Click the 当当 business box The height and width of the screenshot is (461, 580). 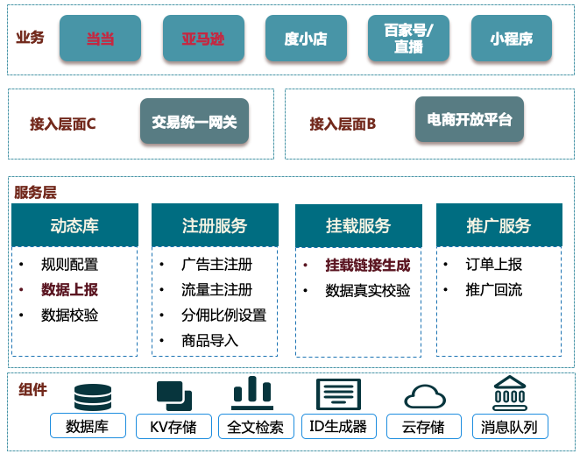[x=100, y=39]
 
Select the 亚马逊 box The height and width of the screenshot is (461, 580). [x=202, y=39]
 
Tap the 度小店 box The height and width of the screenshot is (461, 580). [x=306, y=39]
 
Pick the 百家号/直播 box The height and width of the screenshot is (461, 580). [x=408, y=39]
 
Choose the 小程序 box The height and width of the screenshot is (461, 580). [x=511, y=39]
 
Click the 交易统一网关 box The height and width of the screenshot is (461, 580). [x=194, y=121]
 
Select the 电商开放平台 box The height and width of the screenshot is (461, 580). [x=470, y=120]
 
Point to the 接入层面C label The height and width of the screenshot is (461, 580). [x=63, y=124]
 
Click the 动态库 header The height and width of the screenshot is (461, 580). [x=74, y=225]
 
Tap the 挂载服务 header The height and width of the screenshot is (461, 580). [x=358, y=226]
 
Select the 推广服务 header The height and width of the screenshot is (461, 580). [x=499, y=225]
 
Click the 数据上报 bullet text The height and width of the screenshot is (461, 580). [x=70, y=290]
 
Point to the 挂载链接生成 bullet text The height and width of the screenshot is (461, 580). [x=367, y=265]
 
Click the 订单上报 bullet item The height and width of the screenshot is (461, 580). [x=493, y=265]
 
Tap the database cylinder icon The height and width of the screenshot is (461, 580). [x=93, y=396]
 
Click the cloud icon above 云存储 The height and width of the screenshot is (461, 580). [x=423, y=396]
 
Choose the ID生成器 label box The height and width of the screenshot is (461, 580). [x=338, y=427]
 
